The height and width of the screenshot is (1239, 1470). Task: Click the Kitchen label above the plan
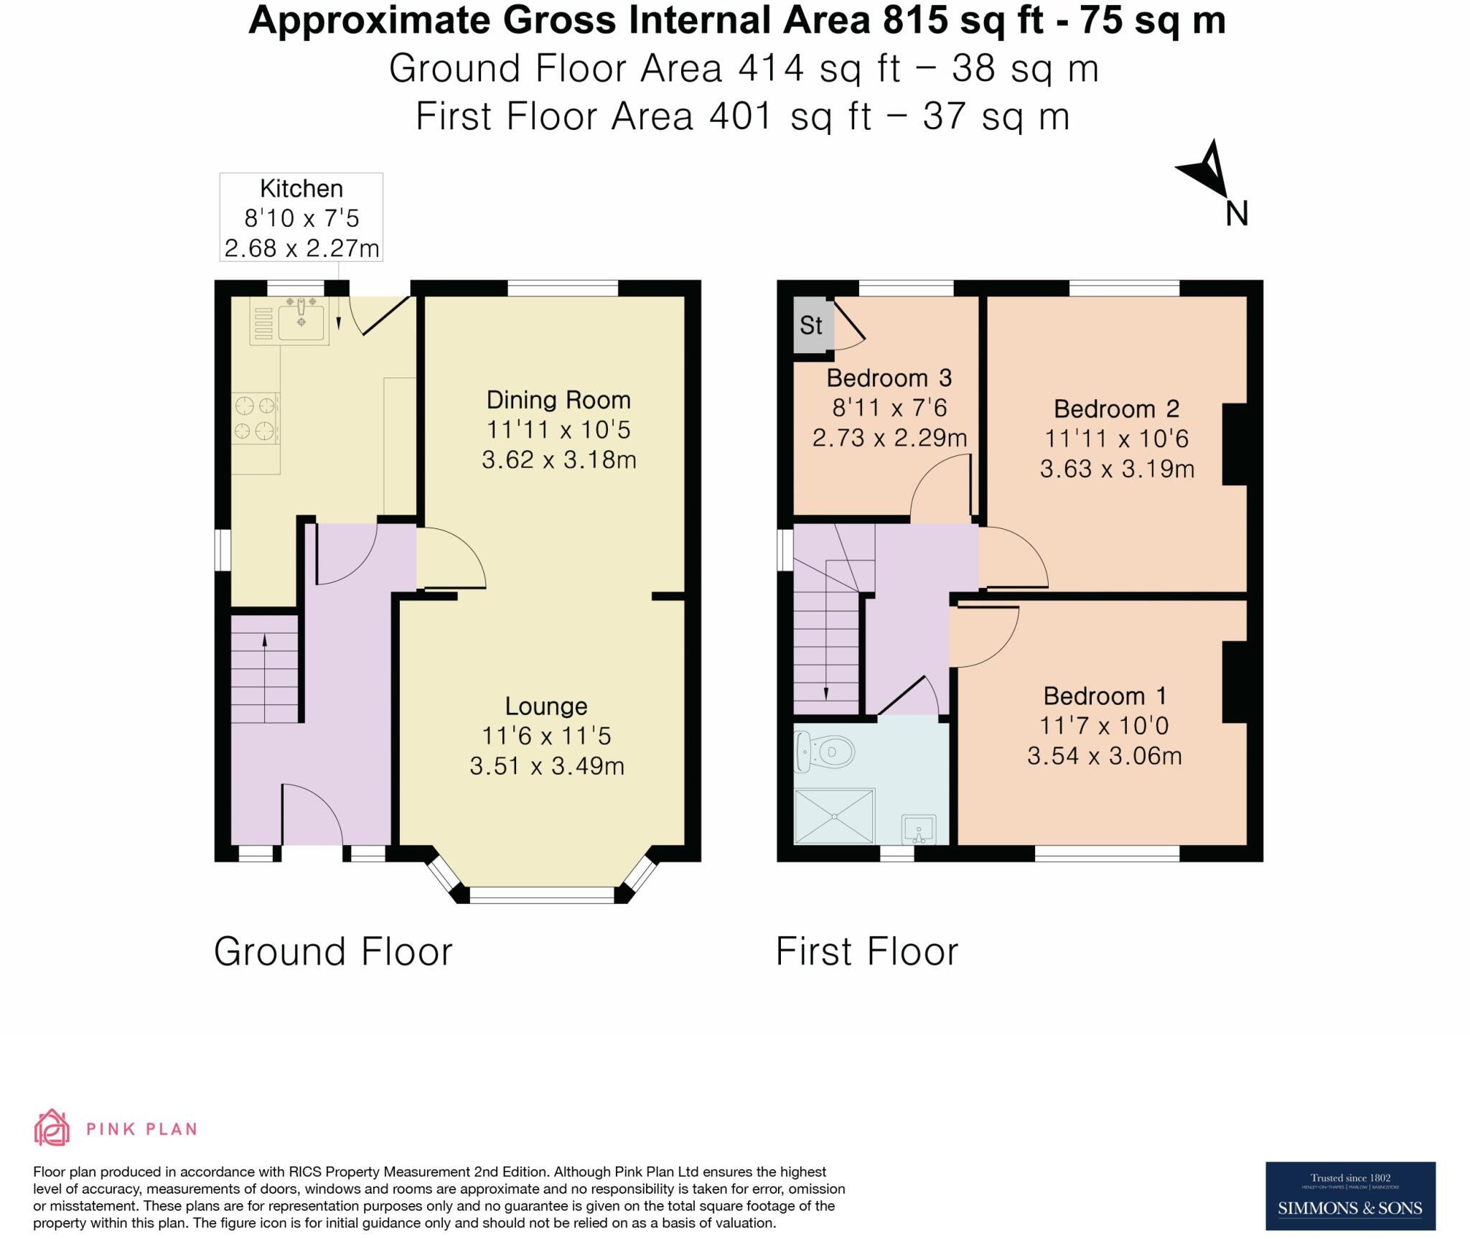coord(301,189)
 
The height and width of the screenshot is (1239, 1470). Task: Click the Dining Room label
coord(558,400)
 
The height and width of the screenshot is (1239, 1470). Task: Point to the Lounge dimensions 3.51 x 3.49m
coord(547,766)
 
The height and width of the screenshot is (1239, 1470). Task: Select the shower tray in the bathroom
coord(835,816)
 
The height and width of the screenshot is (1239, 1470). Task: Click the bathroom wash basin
coord(919,829)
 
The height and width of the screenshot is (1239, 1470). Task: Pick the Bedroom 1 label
coord(1105,696)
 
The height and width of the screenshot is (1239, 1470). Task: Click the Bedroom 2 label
coord(1116,408)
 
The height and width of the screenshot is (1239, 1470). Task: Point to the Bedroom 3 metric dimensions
coord(889,437)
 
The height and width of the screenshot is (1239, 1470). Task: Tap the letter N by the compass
coord(1237,213)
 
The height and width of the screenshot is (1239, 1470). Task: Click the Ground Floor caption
coord(333,952)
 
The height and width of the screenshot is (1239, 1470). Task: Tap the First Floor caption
coord(867,952)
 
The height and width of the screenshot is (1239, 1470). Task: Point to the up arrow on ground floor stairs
coord(265,678)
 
